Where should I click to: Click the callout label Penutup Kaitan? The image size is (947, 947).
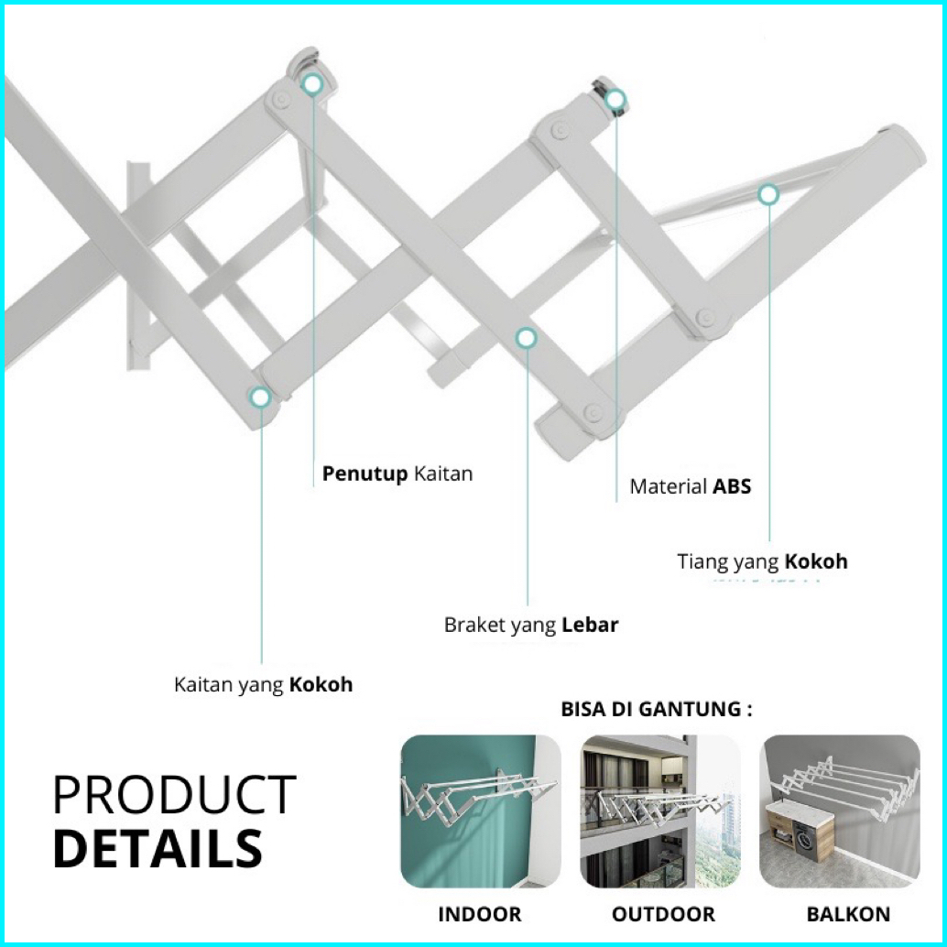coord(397,474)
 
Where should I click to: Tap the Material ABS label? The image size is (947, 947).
coord(690,486)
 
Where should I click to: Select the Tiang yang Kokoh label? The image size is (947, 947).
coord(762,561)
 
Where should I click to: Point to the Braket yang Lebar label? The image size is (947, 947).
coord(531,626)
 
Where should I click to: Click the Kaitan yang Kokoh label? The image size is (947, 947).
coord(263,685)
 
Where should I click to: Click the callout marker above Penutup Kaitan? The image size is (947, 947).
coord(312,85)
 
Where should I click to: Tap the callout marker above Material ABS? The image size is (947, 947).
coord(615,99)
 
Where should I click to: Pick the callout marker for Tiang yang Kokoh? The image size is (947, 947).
coord(767,194)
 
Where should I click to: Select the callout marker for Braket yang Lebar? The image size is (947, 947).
coord(526,338)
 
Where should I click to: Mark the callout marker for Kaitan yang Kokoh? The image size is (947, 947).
coord(261,397)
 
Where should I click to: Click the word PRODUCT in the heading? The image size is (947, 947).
coord(174,795)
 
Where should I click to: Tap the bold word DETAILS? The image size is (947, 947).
coord(158,848)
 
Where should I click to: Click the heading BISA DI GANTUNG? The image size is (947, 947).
coord(656,710)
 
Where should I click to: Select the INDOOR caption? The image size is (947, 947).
coord(479,914)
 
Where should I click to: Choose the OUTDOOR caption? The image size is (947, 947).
coord(663,914)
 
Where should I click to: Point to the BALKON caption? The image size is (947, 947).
coord(848,914)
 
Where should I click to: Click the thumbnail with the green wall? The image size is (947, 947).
coord(481,811)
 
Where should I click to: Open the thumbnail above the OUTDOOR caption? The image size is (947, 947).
coord(660,811)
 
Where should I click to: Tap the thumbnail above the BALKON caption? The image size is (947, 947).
coord(840,811)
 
